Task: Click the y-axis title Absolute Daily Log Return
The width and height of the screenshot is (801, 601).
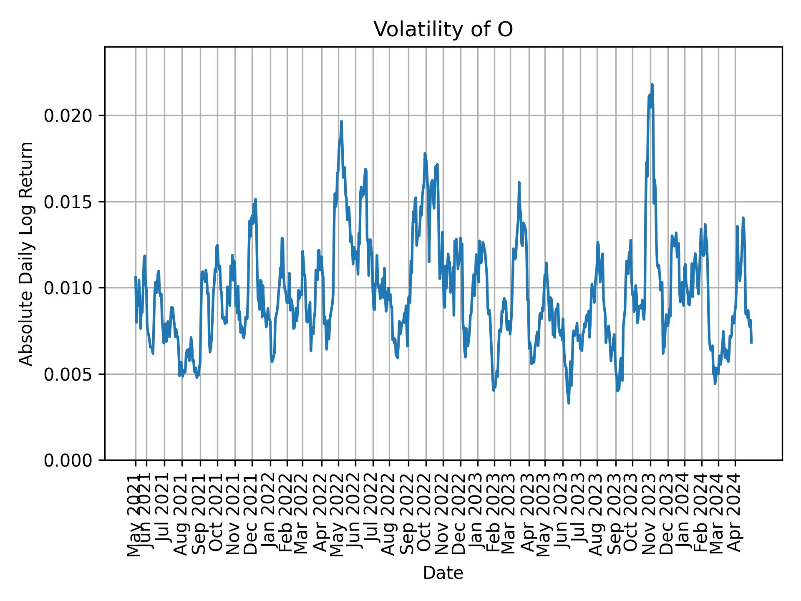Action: pyautogui.click(x=27, y=254)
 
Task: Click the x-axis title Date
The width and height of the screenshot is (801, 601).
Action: pyautogui.click(x=443, y=573)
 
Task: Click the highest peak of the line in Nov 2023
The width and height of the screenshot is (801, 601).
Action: pyautogui.click(x=652, y=85)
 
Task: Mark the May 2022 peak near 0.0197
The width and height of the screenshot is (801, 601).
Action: pyautogui.click(x=341, y=121)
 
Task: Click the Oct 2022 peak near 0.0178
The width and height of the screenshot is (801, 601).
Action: pyautogui.click(x=425, y=153)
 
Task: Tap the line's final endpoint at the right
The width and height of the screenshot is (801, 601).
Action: pyautogui.click(x=751, y=343)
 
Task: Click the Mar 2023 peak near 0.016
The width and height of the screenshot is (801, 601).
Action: pyautogui.click(x=519, y=182)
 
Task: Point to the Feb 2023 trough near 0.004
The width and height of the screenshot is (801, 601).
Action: pyautogui.click(x=494, y=391)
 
